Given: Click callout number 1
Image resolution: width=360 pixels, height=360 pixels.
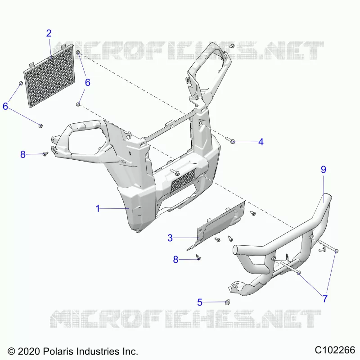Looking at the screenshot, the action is click(x=98, y=208).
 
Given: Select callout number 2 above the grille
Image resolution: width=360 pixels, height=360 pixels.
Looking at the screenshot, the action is click(x=49, y=33).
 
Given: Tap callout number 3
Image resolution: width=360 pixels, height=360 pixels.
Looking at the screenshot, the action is click(x=170, y=238).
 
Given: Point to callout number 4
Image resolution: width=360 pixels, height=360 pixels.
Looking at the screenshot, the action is click(x=261, y=142).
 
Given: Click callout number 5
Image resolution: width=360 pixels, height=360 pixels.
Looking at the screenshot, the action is click(x=200, y=302).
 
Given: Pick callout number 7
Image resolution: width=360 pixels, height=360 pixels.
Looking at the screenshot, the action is click(x=325, y=299).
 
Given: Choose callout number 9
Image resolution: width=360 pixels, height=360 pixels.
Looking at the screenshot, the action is click(x=323, y=170).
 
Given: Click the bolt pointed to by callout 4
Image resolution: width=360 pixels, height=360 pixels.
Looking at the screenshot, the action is click(x=230, y=140).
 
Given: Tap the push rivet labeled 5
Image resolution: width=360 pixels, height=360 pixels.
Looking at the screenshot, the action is click(x=228, y=302).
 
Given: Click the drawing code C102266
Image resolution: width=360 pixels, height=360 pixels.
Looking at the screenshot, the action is click(x=335, y=350).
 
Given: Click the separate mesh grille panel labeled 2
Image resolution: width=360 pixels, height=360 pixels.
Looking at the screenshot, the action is click(x=49, y=76).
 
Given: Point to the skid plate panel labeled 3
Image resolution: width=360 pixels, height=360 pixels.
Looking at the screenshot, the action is click(x=216, y=226).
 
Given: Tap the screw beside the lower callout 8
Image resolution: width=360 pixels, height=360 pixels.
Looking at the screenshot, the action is click(x=198, y=257).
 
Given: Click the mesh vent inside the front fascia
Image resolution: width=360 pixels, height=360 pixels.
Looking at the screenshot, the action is click(x=183, y=180).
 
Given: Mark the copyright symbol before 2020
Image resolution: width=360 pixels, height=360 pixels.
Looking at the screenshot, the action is click(x=11, y=351).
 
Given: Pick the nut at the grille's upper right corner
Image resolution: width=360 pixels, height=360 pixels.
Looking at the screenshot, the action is click(x=78, y=52).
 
